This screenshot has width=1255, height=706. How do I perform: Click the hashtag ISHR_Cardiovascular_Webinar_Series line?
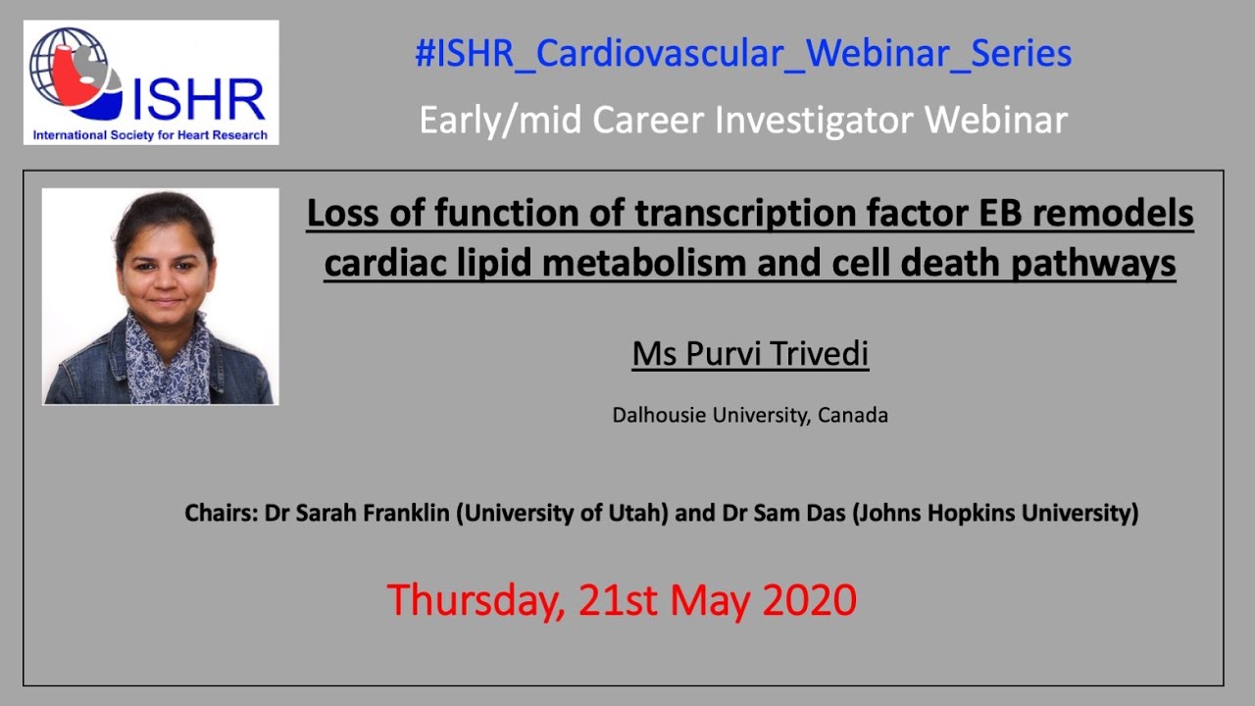[x=743, y=53]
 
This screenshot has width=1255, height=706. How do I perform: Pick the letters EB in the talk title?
[x=1046, y=213]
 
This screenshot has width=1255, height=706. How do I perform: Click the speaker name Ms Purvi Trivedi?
[x=750, y=354]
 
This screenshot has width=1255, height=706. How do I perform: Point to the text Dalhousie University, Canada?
[x=750, y=415]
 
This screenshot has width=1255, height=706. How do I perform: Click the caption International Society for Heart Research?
[x=150, y=134]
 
